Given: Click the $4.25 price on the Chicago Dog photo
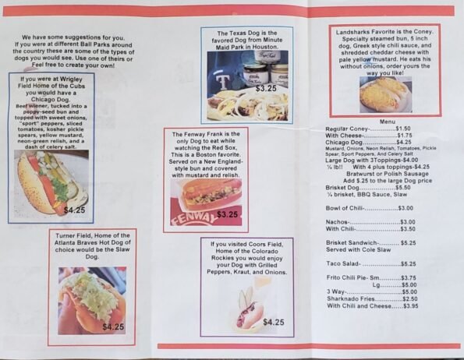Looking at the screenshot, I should pyautogui.click(x=75, y=210).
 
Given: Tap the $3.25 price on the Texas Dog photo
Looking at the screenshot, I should pyautogui.click(x=266, y=89).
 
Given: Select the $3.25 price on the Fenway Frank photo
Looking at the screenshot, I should pyautogui.click(x=228, y=214).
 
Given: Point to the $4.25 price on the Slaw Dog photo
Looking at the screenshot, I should pyautogui.click(x=113, y=326).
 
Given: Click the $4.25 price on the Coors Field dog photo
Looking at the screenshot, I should pyautogui.click(x=273, y=322).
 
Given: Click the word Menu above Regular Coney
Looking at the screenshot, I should pyautogui.click(x=388, y=122).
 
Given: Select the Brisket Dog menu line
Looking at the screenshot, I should pyautogui.click(x=368, y=188).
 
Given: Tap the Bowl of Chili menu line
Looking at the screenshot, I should pyautogui.click(x=370, y=208).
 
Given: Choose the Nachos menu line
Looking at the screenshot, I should pyautogui.click(x=370, y=222).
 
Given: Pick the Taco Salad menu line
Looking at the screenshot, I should pyautogui.click(x=370, y=264).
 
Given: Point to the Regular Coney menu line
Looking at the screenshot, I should pyautogui.click(x=367, y=129).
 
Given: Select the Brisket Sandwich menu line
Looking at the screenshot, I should pyautogui.click(x=370, y=243).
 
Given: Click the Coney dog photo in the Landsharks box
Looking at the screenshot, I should pyautogui.click(x=385, y=93).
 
